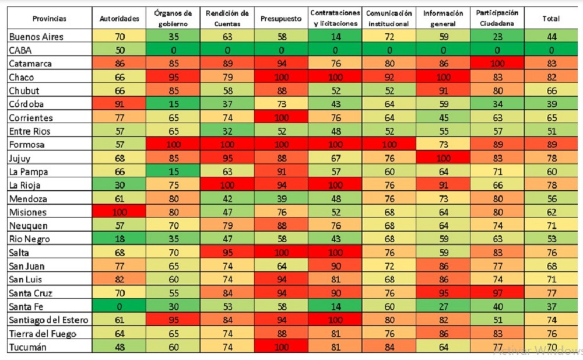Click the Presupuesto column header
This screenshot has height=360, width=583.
click(282, 19)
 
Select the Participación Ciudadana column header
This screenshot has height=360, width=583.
click(497, 19)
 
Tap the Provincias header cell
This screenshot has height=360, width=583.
click(50, 19)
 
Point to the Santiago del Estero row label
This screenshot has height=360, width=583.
click(48, 320)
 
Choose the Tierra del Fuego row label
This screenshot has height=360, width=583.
click(42, 334)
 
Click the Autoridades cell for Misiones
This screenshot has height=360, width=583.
click(119, 212)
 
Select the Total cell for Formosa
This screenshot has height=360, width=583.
click(551, 145)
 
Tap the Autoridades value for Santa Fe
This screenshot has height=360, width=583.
click(119, 307)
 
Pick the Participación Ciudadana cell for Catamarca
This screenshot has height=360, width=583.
click(497, 64)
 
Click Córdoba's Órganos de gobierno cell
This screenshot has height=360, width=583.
click(173, 104)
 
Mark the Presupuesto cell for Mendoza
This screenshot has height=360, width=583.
click(282, 199)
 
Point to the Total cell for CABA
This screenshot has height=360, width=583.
click(551, 50)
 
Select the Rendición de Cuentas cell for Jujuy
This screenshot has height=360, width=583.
click(227, 158)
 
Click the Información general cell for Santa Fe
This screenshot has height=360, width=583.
click(444, 307)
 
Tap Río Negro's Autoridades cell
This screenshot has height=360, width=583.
click(119, 239)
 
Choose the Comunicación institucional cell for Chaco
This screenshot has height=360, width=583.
click(389, 77)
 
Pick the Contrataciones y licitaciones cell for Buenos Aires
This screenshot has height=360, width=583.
click(335, 37)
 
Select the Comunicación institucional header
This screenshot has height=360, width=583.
click(389, 19)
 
